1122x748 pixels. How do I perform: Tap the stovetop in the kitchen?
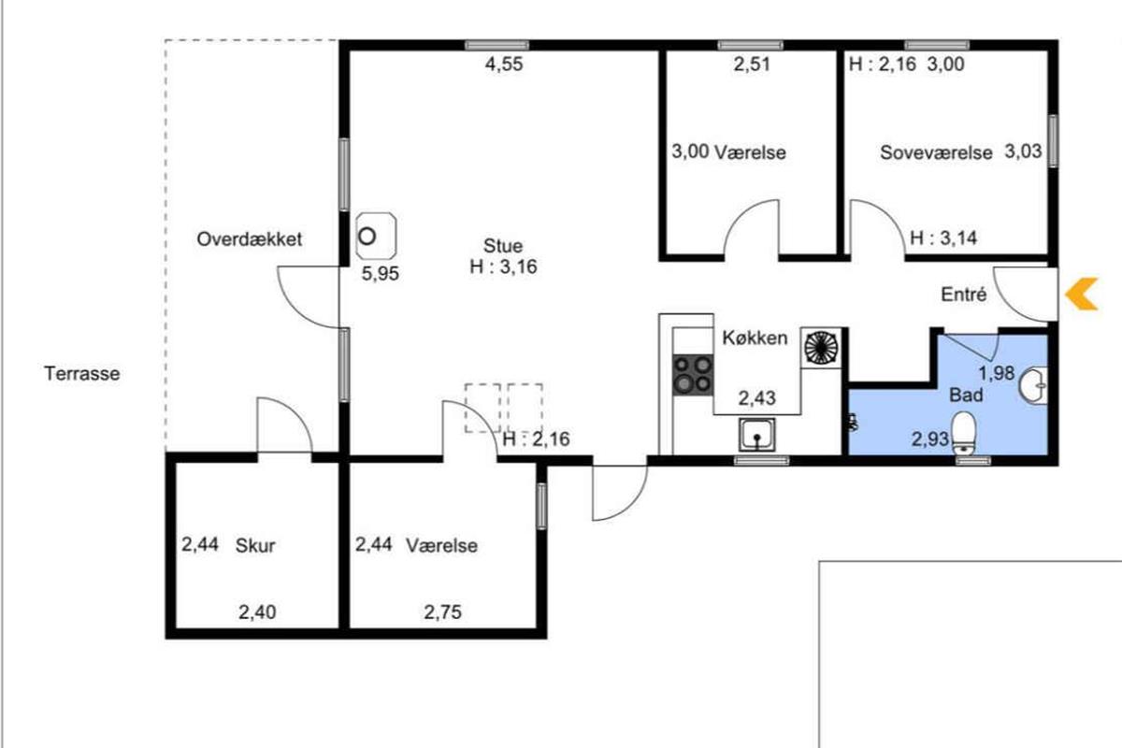tap(693, 375)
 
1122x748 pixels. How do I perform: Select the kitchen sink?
tap(756, 435)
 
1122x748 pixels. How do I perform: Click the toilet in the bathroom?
tap(963, 433)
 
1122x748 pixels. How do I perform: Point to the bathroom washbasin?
tap(1033, 385)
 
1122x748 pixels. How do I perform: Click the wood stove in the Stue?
tap(376, 236)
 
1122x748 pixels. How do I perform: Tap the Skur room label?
tap(255, 546)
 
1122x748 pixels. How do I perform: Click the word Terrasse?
tap(82, 374)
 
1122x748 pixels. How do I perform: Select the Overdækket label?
tap(250, 239)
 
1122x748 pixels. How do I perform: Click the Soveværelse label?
tap(936, 152)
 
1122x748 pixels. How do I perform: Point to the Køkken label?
tap(755, 338)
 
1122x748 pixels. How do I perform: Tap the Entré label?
tap(964, 295)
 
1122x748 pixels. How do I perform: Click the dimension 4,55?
tap(504, 65)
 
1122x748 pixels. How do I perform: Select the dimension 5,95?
tap(381, 274)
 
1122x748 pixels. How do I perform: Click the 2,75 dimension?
tap(443, 611)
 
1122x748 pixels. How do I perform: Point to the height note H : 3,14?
tap(943, 238)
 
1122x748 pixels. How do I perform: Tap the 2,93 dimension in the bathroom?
tap(930, 439)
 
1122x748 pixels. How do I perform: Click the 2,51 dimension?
tap(752, 65)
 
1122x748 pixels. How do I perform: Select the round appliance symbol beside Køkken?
tap(821, 347)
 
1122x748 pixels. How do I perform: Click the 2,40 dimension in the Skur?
tap(257, 612)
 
